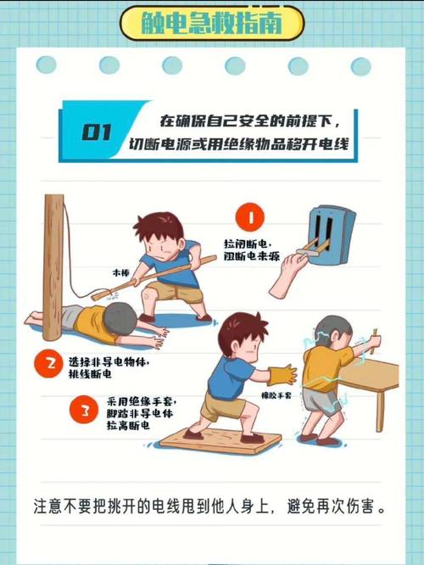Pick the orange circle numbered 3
84,414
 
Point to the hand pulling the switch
287,271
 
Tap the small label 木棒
121,274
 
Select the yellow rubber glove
282,373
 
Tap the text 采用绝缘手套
142,401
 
